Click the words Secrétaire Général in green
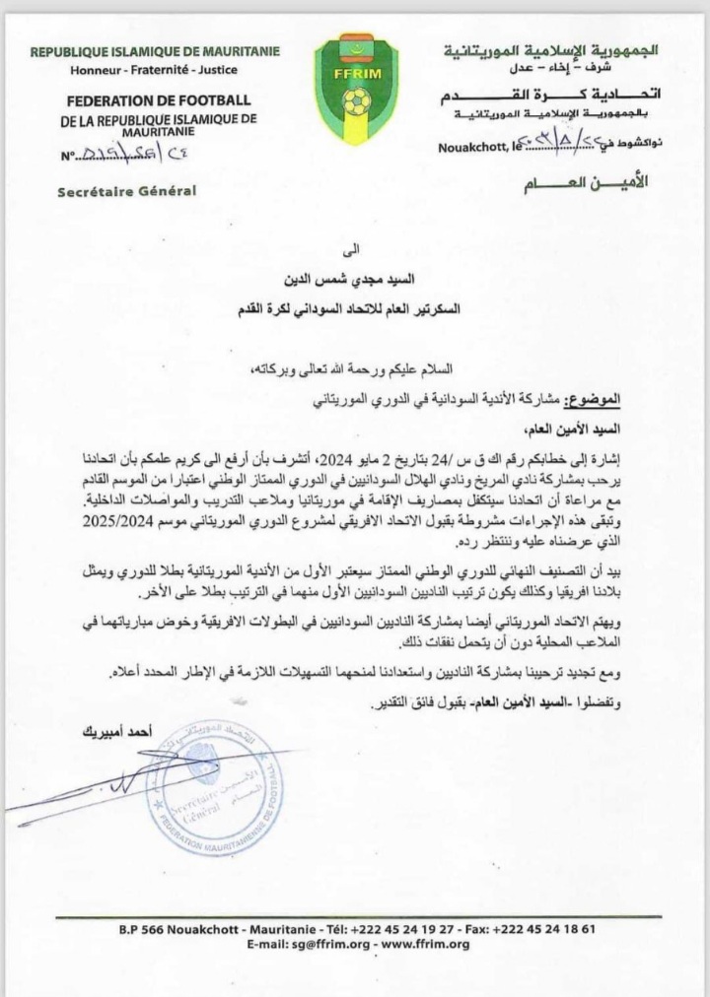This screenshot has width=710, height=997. (127, 190)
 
